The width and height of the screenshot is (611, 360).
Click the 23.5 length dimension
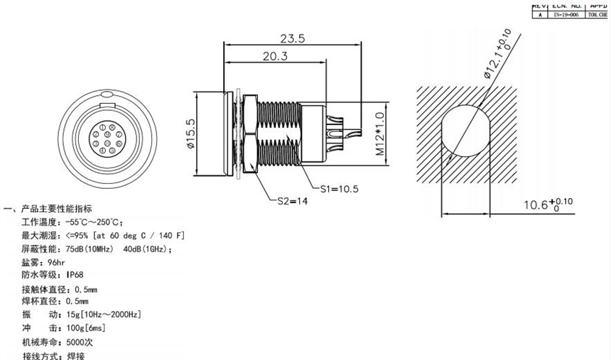click(x=293, y=39)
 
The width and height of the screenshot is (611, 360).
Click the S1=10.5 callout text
click(x=340, y=189)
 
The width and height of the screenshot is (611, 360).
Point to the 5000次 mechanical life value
click(x=80, y=342)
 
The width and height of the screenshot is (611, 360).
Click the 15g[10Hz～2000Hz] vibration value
click(x=103, y=315)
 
